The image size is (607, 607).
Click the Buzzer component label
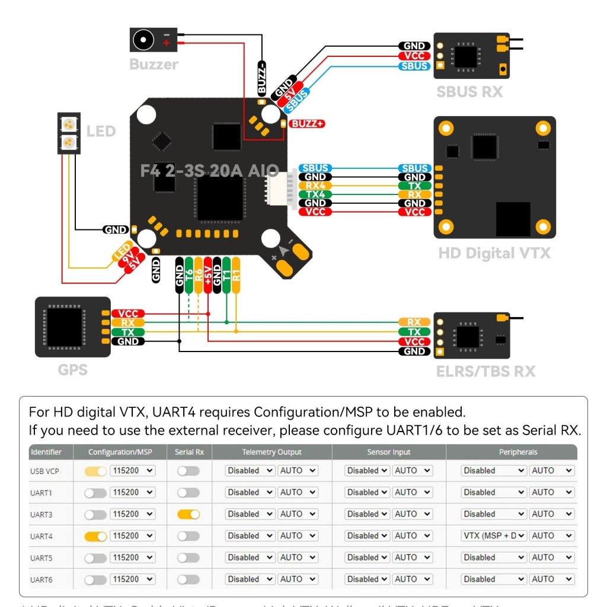(154, 64)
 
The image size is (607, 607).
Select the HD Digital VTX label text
(494, 253)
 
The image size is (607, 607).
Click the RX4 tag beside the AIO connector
(315, 186)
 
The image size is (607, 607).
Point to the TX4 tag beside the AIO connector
(315, 194)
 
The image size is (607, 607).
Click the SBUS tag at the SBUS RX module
(414, 66)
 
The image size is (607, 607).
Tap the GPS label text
(73, 370)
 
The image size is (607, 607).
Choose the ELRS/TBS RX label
(485, 372)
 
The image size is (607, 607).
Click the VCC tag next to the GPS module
(128, 314)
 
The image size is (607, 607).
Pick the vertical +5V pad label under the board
(207, 275)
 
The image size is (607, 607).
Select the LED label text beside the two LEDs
(101, 131)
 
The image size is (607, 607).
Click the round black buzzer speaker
(142, 40)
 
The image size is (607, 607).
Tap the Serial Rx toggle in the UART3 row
(189, 514)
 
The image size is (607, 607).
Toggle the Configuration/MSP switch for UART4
(95, 536)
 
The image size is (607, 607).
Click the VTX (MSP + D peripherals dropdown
(494, 536)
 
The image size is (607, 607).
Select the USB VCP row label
(45, 471)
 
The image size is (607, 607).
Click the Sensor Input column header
(388, 452)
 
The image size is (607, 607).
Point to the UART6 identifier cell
(41, 579)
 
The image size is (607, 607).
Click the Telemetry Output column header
(271, 452)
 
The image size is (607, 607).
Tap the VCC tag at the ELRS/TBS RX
(414, 341)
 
